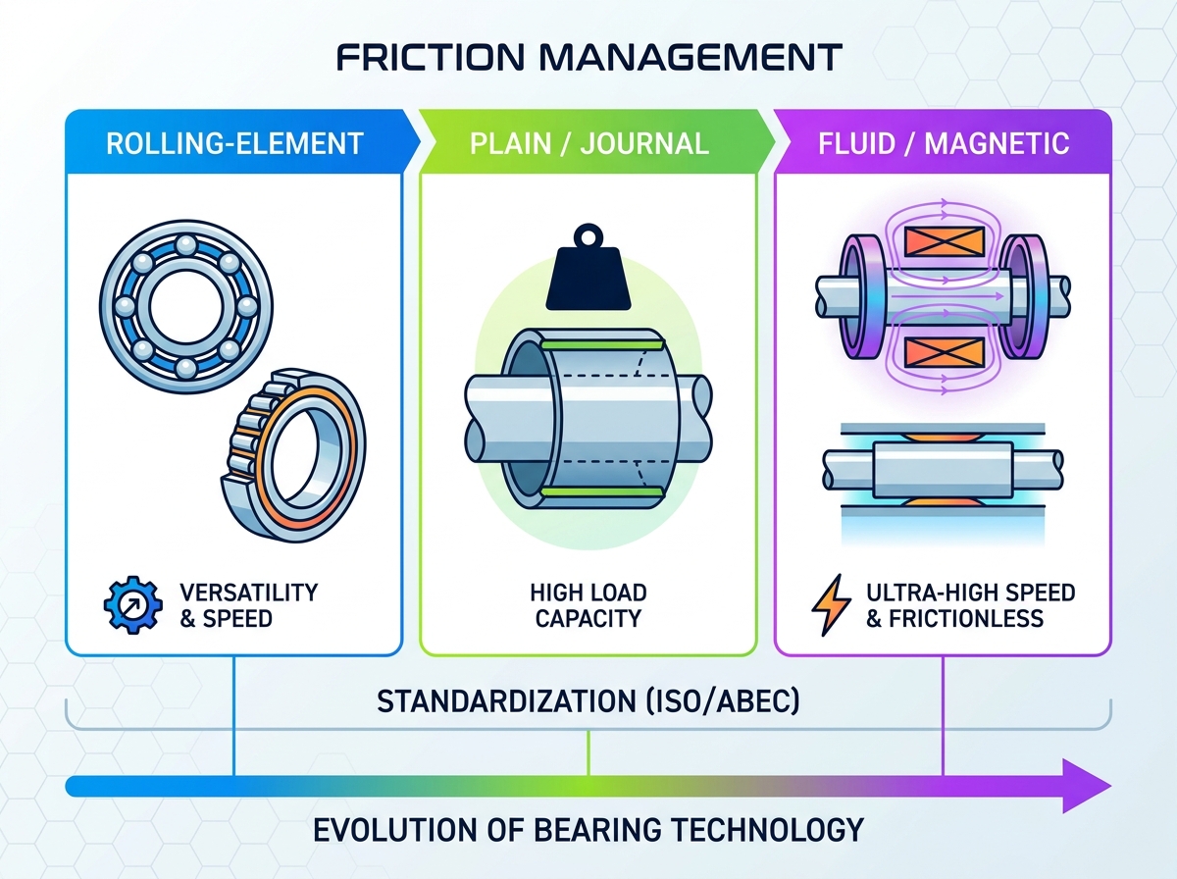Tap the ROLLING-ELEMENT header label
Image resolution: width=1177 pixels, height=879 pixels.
coord(234,144)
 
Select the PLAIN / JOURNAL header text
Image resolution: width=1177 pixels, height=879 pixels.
coord(589,144)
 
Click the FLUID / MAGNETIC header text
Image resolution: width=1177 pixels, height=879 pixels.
coord(944,144)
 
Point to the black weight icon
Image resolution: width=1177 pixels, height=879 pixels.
coord(588,268)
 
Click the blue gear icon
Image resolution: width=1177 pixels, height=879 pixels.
coord(133,605)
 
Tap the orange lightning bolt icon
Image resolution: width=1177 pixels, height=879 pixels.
coord(830,605)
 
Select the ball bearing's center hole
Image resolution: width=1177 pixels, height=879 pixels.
coord(186,306)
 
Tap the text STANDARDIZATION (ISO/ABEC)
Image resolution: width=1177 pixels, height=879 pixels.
coord(588,701)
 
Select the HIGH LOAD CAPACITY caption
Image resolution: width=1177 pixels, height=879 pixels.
coord(588,605)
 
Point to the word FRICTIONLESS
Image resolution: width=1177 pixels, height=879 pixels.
coord(966,618)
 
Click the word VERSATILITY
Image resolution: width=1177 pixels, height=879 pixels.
coord(249,593)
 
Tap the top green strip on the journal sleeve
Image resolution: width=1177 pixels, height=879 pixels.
coord(602,345)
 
